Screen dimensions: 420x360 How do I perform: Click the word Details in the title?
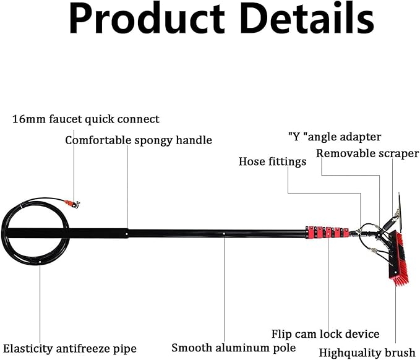pos(307,18)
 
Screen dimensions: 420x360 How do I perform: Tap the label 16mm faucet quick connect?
pos(86,119)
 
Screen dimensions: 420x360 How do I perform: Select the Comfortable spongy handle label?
pos(139,140)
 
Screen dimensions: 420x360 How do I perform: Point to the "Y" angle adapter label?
pos(335,137)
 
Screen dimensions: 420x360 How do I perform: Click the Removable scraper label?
pos(367,153)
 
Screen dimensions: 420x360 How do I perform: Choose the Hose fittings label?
pos(272,161)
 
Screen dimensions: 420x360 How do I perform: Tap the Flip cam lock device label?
pos(325,334)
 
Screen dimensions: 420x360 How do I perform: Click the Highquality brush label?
pos(367,353)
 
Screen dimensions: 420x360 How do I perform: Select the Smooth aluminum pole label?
pos(234,348)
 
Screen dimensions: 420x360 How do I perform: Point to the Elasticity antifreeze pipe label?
pos(70,349)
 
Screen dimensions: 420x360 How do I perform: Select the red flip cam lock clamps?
pos(327,232)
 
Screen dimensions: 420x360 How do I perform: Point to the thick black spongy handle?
pos(67,233)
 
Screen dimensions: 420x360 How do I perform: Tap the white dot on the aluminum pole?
pos(224,233)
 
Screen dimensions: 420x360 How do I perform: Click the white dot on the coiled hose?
pos(40,262)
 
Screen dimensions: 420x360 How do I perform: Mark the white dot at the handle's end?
pos(127,234)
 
